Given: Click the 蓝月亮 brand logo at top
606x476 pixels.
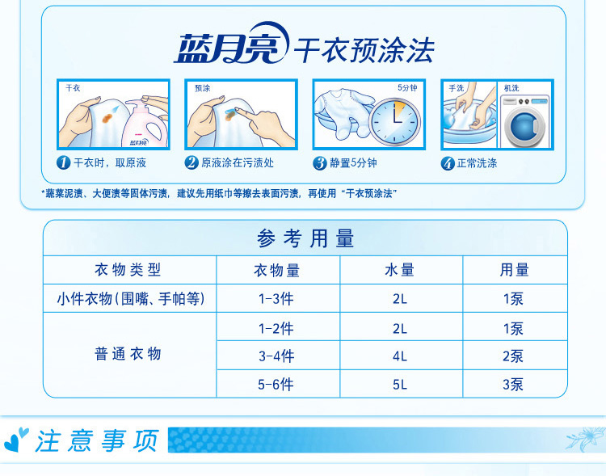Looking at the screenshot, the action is click(x=231, y=44).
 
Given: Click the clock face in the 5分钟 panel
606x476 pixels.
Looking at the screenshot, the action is click(x=395, y=121).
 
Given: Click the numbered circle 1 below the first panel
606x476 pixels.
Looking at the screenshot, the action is click(x=63, y=162).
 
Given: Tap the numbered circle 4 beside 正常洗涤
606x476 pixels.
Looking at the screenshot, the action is click(x=447, y=163).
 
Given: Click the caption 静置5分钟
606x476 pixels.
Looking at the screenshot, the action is click(x=353, y=162).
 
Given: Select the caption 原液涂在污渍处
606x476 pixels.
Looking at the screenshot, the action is click(x=238, y=162).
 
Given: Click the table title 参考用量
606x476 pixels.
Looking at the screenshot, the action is click(x=305, y=238).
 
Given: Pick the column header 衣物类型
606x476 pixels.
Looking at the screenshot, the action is click(x=128, y=270).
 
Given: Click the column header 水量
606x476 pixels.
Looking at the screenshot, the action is click(x=400, y=270).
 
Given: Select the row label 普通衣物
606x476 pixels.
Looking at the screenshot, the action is click(x=128, y=354).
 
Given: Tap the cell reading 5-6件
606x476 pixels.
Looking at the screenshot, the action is click(x=276, y=385).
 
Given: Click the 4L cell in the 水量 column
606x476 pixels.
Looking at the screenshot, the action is click(x=400, y=356).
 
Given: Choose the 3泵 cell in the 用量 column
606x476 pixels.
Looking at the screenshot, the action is click(x=513, y=385).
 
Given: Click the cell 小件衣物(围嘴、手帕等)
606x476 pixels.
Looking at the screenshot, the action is click(x=131, y=298).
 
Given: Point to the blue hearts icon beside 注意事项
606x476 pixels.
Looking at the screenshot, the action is click(x=16, y=440).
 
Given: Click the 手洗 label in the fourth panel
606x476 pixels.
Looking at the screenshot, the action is click(x=456, y=88).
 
